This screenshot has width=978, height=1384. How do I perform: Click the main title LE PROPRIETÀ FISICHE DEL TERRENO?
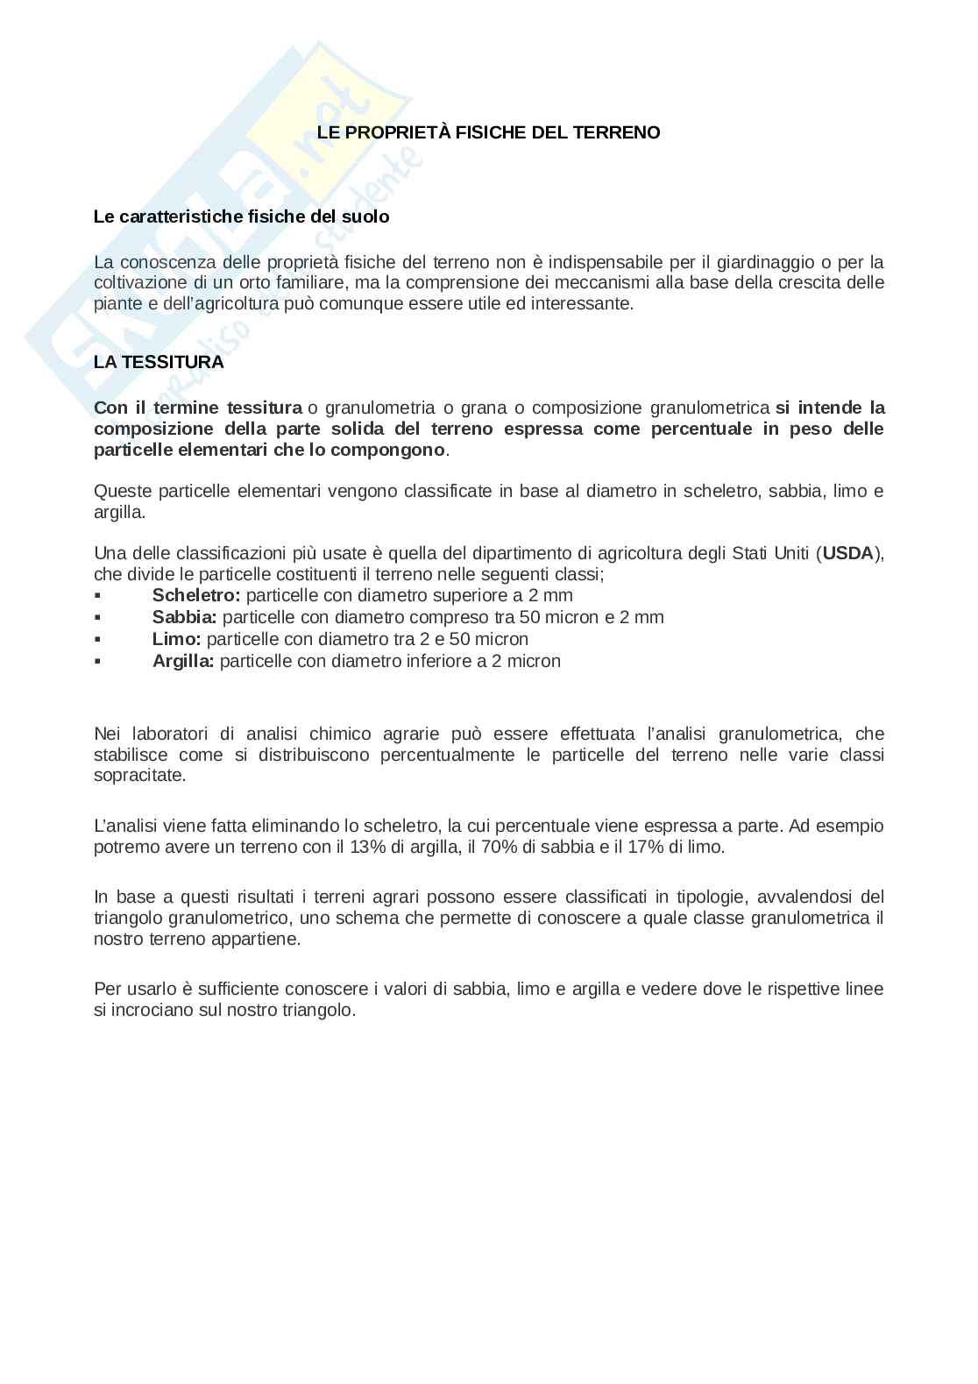click(x=488, y=132)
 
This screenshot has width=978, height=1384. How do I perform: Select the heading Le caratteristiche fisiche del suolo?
click(x=241, y=216)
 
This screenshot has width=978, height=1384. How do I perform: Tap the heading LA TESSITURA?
click(x=159, y=362)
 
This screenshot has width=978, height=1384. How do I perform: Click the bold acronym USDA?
click(x=847, y=553)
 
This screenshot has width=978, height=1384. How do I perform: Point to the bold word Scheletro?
click(x=196, y=595)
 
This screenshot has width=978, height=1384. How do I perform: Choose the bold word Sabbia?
click(x=184, y=617)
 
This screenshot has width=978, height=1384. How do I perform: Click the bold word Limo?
click(x=176, y=639)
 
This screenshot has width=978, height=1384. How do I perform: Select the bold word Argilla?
click(x=183, y=661)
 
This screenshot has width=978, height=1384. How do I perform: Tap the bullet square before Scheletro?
click(x=97, y=596)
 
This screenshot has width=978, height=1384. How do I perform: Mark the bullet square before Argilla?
click(x=97, y=662)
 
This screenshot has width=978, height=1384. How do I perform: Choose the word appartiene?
click(x=261, y=939)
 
